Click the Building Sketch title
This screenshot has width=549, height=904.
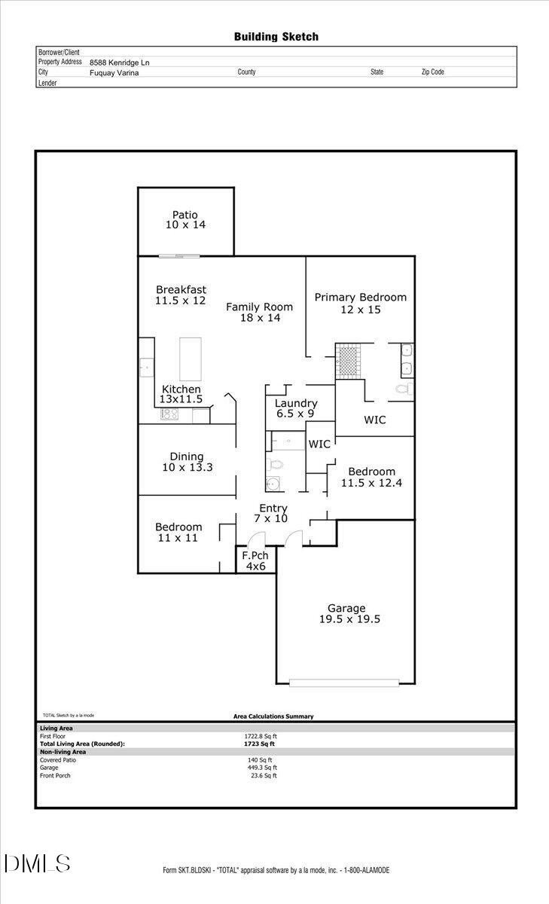tap(276, 36)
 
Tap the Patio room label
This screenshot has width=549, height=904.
tap(185, 220)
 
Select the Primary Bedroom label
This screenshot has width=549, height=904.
tap(360, 303)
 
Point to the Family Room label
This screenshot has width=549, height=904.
tap(260, 312)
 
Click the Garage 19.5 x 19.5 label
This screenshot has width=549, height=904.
tap(346, 614)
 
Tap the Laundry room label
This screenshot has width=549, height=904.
tap(295, 408)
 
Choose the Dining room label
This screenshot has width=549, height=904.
tap(187, 462)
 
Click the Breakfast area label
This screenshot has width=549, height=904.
tap(181, 295)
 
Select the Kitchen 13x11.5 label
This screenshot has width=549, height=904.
tap(181, 394)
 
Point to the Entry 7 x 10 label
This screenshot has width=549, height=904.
tap(273, 514)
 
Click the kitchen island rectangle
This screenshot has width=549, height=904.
tap(191, 359)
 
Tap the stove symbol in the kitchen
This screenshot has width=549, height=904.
tap(168, 414)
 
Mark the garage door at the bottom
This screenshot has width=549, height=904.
tap(343, 683)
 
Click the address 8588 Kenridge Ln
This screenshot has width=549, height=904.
tap(119, 63)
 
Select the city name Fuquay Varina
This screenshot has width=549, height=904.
tap(114, 73)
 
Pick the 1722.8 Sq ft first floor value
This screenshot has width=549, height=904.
tap(261, 736)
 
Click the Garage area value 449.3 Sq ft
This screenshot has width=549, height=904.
tap(262, 768)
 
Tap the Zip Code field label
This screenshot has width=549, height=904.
tap(432, 72)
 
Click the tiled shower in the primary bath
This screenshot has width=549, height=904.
tap(349, 359)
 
